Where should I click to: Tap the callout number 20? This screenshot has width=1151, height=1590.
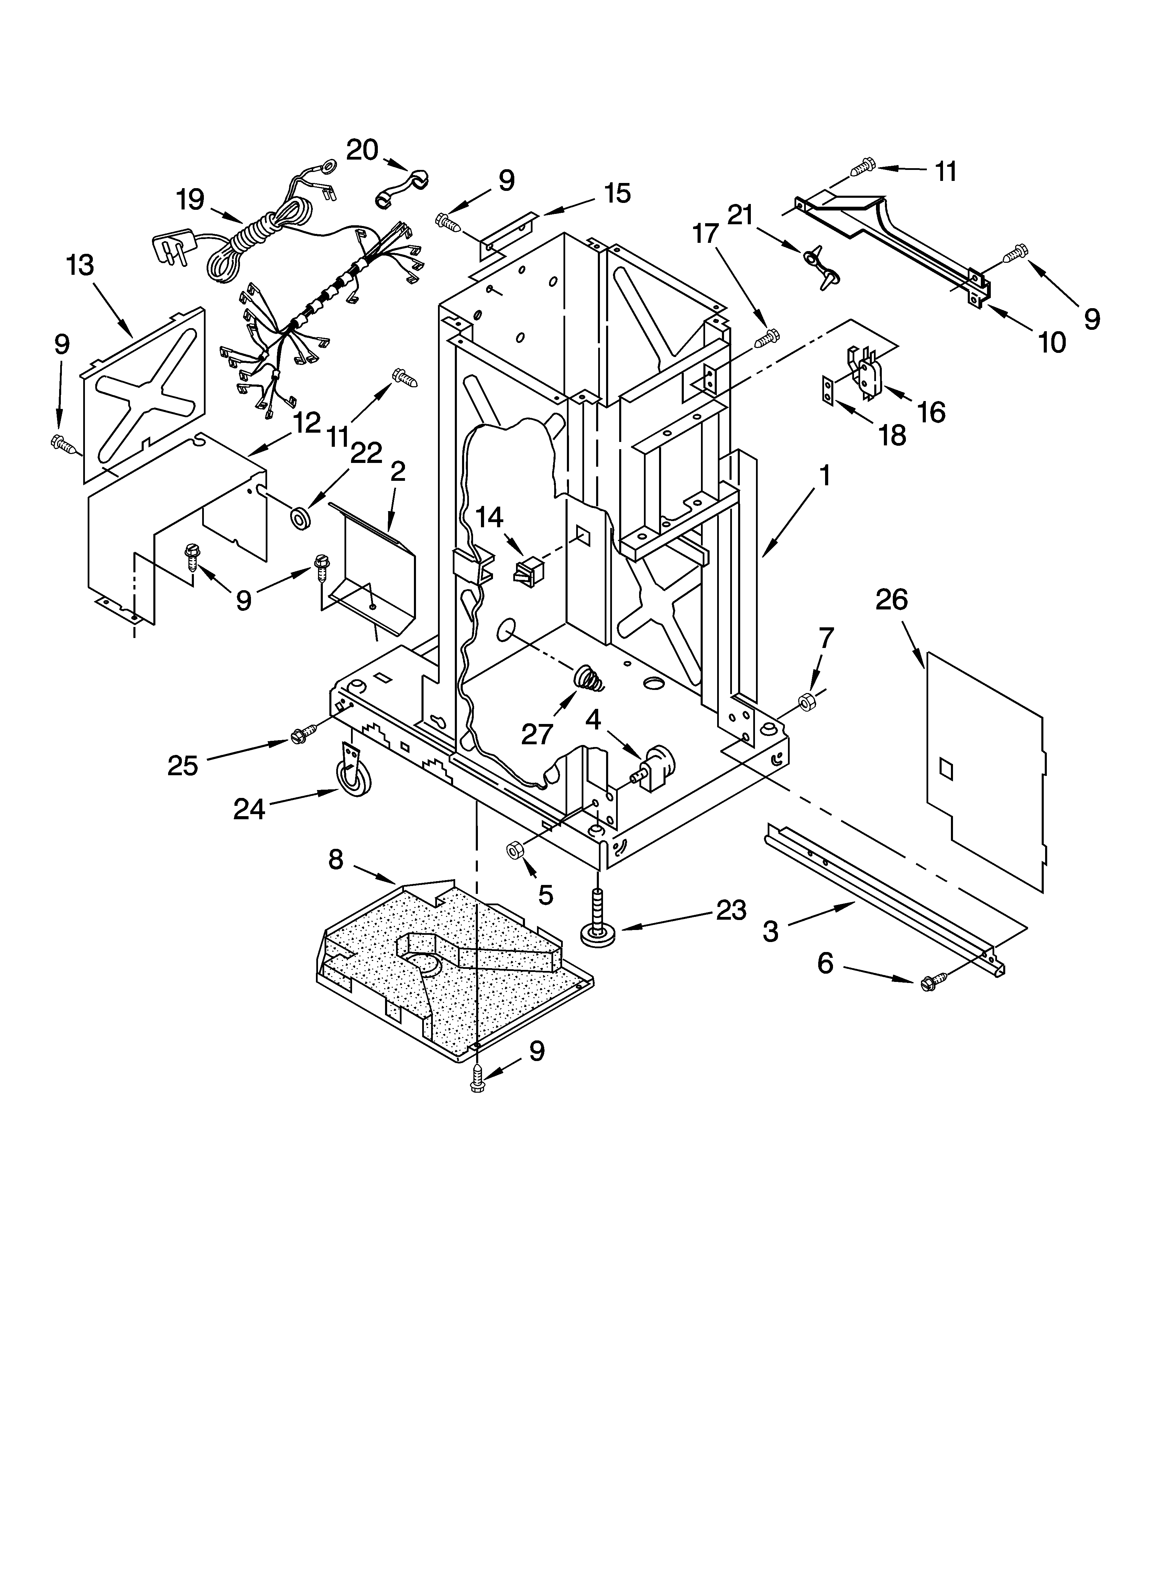pyautogui.click(x=362, y=149)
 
